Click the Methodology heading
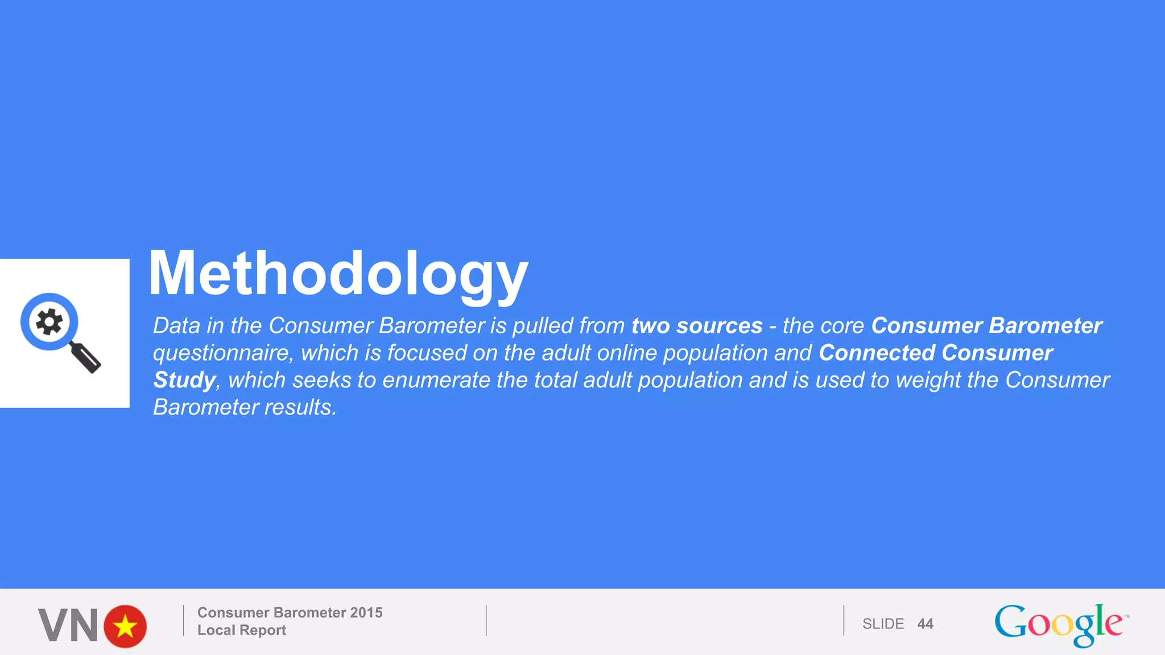pos(338,274)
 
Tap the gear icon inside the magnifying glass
pos(49,322)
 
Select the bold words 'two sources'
pos(697,326)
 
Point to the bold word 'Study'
pos(184,380)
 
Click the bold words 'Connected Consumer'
pos(936,353)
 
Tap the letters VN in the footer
pos(68,626)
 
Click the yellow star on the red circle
pos(125,627)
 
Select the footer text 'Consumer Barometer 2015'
pos(290,612)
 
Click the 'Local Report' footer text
pos(242,630)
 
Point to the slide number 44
pos(925,624)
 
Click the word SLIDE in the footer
pos(883,624)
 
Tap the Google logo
pos(1059,624)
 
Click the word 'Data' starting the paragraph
pos(177,326)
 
